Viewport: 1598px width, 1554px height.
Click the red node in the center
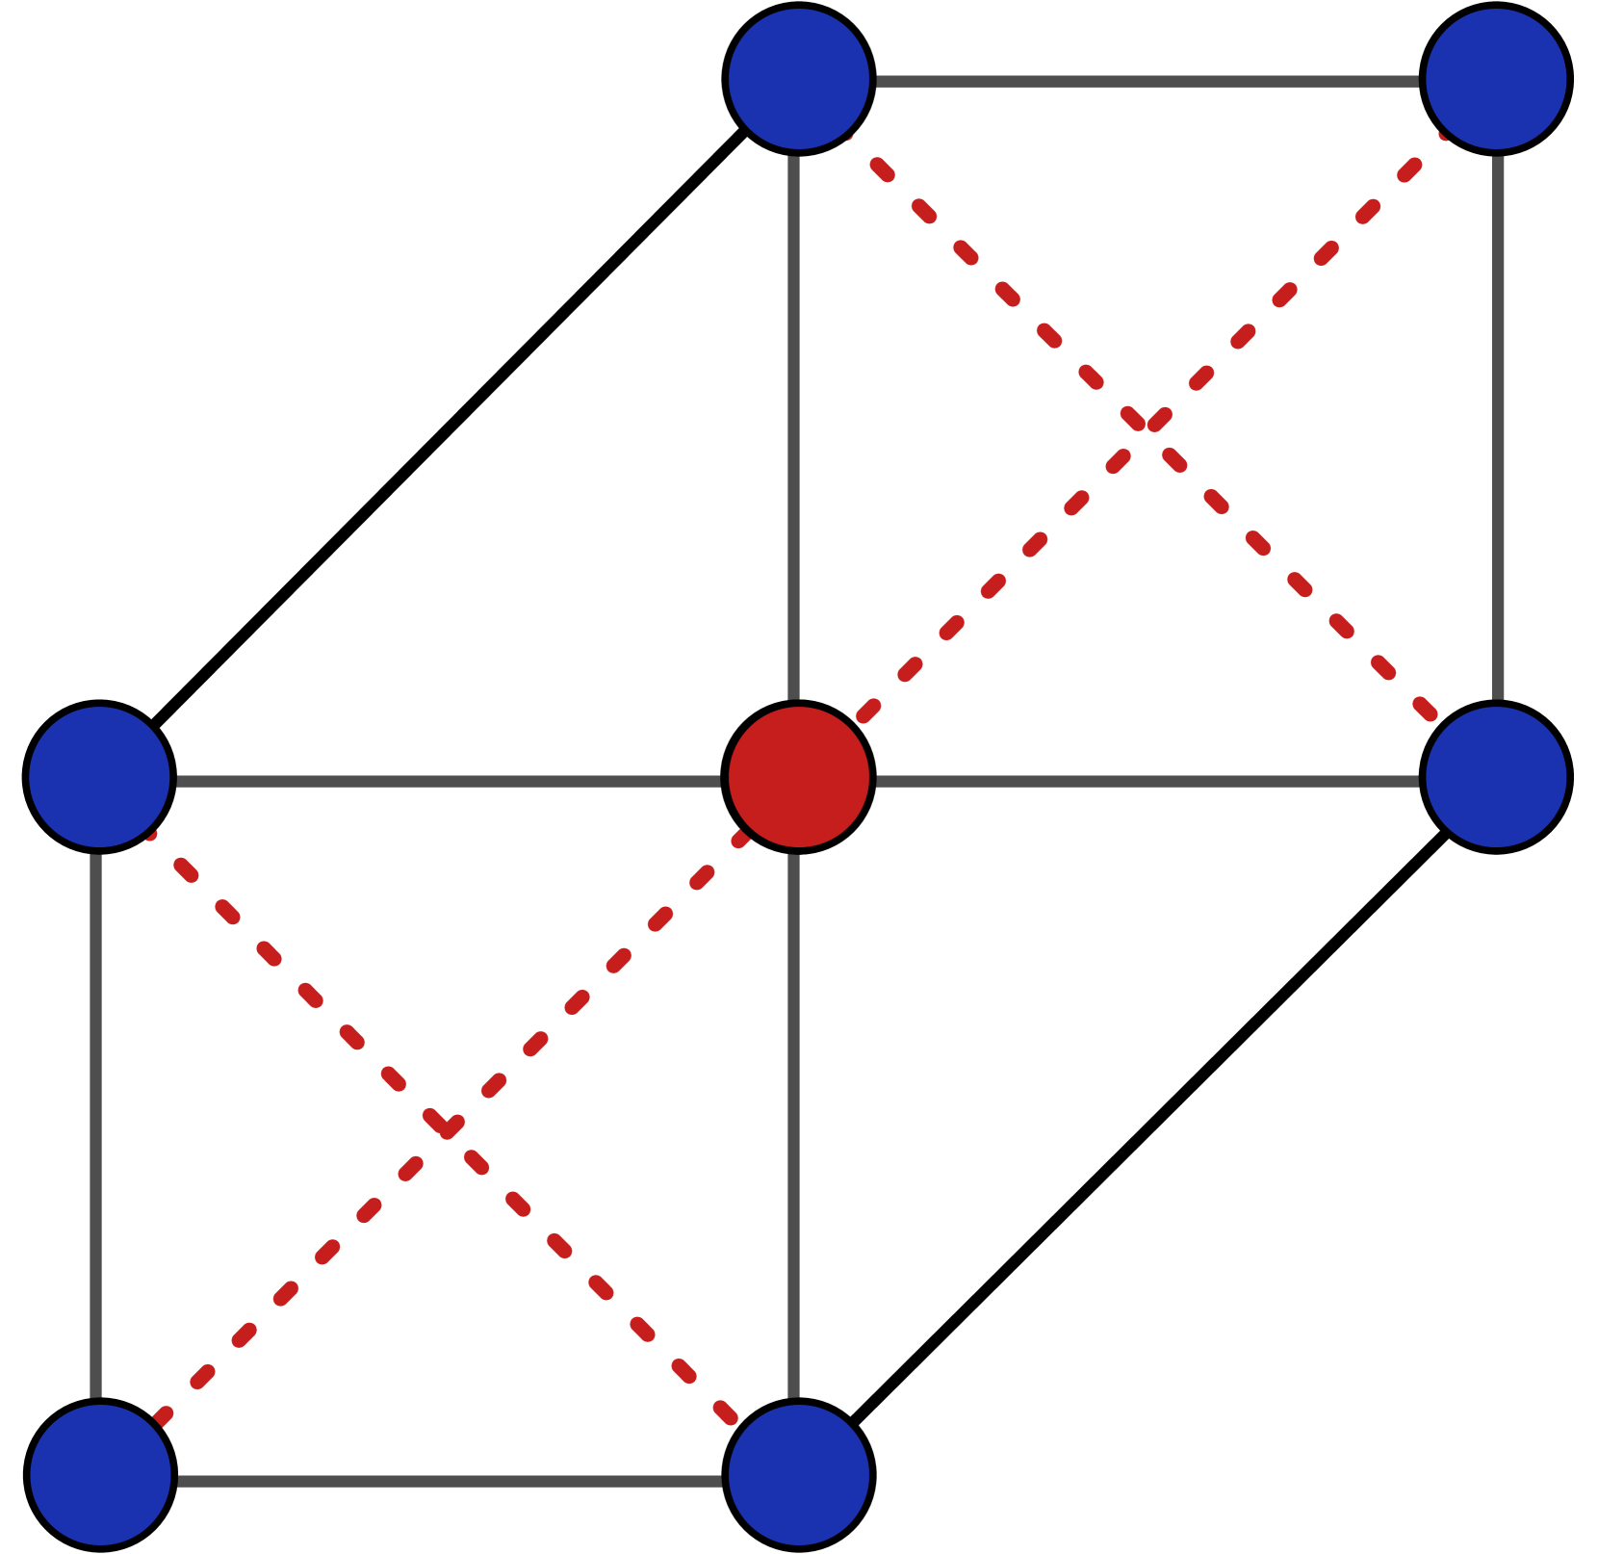799,777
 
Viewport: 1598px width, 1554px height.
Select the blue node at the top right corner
1496,79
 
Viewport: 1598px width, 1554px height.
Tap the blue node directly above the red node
799,79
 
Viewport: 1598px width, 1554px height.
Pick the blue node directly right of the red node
1496,777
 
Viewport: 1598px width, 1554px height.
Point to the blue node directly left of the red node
99,777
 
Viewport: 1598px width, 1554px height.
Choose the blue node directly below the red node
799,1475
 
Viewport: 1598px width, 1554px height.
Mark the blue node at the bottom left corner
100,1475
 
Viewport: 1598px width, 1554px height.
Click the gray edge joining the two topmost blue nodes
1147,82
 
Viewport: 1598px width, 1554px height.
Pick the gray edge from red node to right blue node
1147,781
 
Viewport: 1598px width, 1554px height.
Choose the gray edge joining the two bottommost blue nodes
449,1481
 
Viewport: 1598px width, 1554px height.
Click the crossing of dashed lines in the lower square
445,1126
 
